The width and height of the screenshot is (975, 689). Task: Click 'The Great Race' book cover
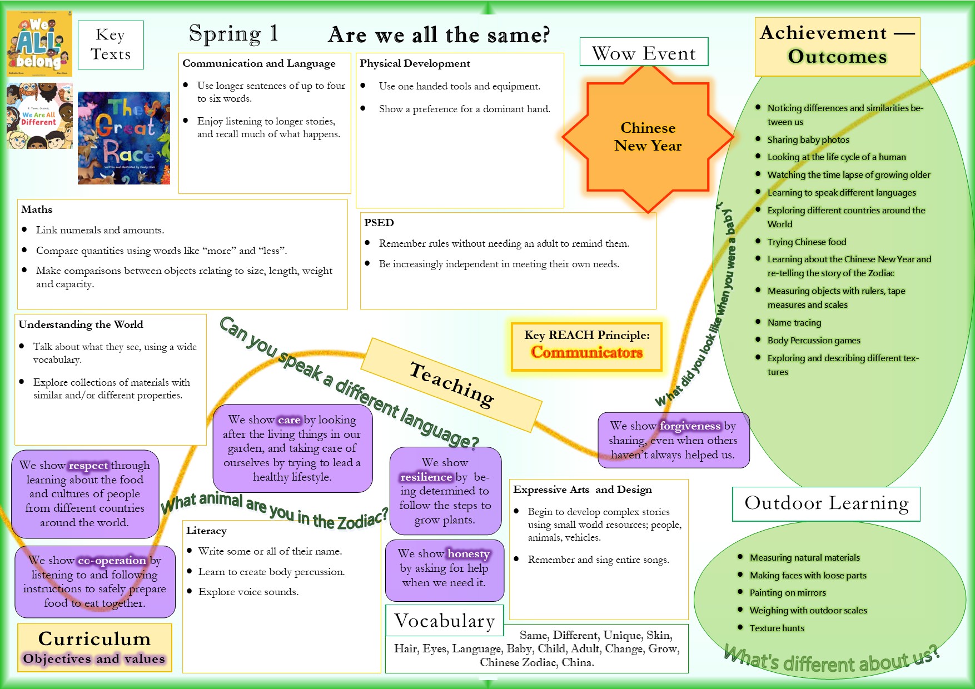[x=124, y=138]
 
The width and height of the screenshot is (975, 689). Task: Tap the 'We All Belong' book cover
[x=39, y=43]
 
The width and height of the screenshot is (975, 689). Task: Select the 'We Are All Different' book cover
[x=39, y=116]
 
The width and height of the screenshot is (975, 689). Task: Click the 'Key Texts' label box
[x=111, y=44]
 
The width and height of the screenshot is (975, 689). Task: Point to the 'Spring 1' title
[x=233, y=34]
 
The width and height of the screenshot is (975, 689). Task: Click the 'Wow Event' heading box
[x=644, y=53]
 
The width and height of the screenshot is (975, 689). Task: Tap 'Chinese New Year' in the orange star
[x=648, y=137]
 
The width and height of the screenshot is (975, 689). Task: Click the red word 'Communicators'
[x=586, y=352]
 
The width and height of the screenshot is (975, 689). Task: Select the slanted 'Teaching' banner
[x=451, y=384]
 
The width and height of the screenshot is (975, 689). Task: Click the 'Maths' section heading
[x=37, y=209]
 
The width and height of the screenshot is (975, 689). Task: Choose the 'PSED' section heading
[x=379, y=223]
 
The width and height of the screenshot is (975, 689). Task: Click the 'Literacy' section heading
[x=206, y=531]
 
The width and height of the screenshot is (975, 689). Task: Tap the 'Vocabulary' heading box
[x=445, y=621]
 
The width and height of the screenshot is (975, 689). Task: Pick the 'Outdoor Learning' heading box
[x=826, y=503]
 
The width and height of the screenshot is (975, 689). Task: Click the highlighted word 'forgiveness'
[x=690, y=426]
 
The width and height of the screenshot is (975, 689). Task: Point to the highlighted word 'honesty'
[x=469, y=554]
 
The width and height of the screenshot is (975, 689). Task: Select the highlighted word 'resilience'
[x=426, y=477]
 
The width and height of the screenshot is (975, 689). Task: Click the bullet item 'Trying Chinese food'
[x=807, y=242]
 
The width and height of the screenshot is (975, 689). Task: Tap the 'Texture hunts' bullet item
[x=777, y=628]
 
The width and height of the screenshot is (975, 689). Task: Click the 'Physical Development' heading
[x=415, y=63]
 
